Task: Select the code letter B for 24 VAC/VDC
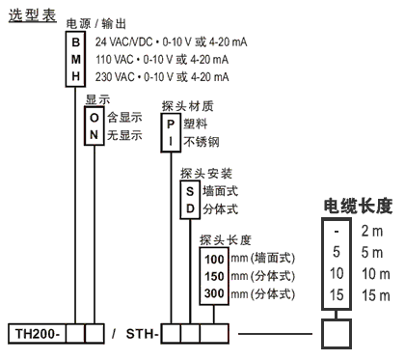pos(78,42)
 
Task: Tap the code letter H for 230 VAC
pos(78,76)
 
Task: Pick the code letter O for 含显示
pos(94,117)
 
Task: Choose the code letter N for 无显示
pos(94,134)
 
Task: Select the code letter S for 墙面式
pos(190,192)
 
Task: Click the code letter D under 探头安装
pos(190,208)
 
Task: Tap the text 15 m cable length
pos(376,293)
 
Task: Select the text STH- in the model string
pos(142,335)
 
